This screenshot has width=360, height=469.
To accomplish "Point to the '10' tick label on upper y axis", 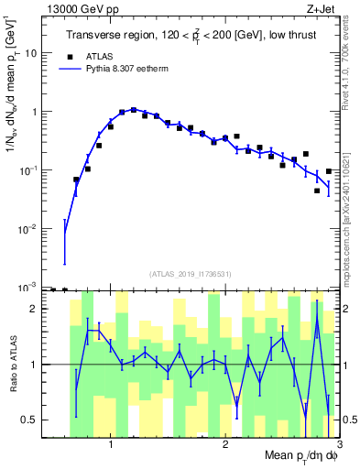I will pos(35,53).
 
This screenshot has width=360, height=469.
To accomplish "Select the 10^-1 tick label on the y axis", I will pos(33,169).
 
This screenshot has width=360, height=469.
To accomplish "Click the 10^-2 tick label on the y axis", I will pos(33,228).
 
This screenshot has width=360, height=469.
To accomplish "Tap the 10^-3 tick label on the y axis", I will pos(33,286).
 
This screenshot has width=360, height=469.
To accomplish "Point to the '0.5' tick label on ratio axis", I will pos(34,420).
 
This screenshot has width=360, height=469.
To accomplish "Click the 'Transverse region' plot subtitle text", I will pos(190,36).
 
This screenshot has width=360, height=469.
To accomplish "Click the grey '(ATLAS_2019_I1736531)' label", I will pos(191,274).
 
